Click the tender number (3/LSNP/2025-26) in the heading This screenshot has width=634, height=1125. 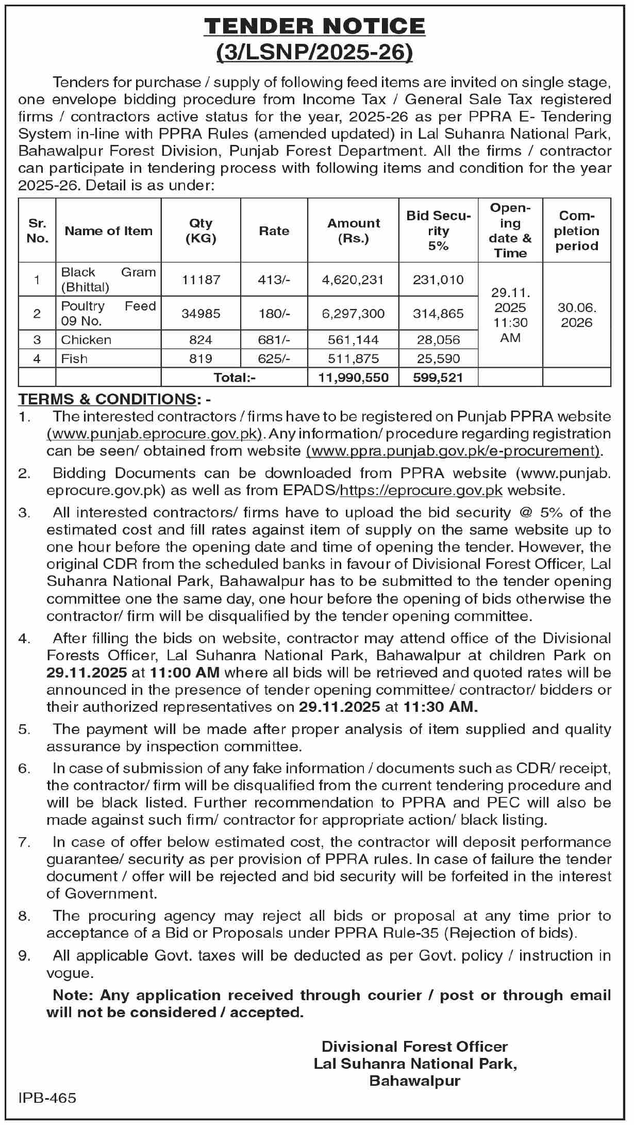coord(314,53)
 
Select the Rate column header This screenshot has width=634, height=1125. coord(274,231)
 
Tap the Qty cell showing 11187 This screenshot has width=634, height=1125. coord(201,280)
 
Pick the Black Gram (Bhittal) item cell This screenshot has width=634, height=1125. coord(108,279)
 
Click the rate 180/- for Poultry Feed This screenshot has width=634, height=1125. coord(274,314)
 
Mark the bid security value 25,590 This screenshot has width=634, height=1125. coord(438,358)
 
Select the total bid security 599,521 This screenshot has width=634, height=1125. coord(438,378)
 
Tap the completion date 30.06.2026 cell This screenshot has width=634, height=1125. coord(576,315)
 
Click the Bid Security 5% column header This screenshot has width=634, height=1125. coord(438,231)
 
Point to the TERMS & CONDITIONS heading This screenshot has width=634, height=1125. coord(107,399)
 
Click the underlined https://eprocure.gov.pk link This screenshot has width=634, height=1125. coord(421,490)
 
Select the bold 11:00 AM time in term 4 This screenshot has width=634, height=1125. coord(185,673)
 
